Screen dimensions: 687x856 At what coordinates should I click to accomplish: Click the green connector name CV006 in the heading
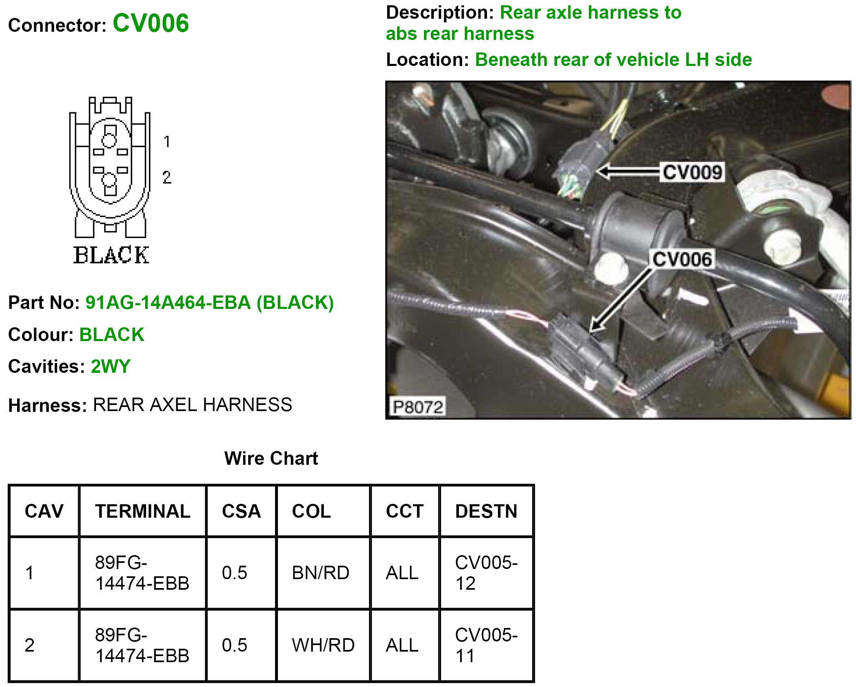(151, 23)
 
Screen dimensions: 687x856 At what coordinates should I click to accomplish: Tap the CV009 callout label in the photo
(692, 172)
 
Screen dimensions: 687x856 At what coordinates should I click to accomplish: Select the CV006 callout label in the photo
(682, 259)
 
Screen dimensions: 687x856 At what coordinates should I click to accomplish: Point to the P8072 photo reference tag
(417, 407)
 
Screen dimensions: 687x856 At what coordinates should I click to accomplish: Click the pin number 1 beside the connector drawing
(166, 142)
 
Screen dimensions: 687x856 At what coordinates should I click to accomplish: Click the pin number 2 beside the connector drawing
(166, 177)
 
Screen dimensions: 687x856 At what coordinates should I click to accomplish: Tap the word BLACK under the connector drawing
(111, 256)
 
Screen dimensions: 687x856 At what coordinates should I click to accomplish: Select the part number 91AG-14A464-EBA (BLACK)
(210, 302)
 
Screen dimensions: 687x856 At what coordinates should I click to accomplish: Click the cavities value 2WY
(110, 366)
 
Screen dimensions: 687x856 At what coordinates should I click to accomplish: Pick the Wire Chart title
(271, 458)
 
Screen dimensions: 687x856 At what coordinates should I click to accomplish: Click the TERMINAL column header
(142, 511)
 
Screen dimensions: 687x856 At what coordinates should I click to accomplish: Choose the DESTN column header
(486, 511)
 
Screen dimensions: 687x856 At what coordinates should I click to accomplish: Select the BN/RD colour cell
(321, 573)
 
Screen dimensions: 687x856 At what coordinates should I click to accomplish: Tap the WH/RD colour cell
(323, 645)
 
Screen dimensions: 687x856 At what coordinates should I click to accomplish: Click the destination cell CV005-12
(486, 573)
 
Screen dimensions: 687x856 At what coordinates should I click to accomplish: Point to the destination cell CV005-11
(486, 645)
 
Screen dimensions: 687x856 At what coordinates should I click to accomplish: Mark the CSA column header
(241, 511)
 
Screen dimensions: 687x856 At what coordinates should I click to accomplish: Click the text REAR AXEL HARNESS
(192, 405)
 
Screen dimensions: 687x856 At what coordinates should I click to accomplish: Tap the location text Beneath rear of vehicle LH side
(614, 60)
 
